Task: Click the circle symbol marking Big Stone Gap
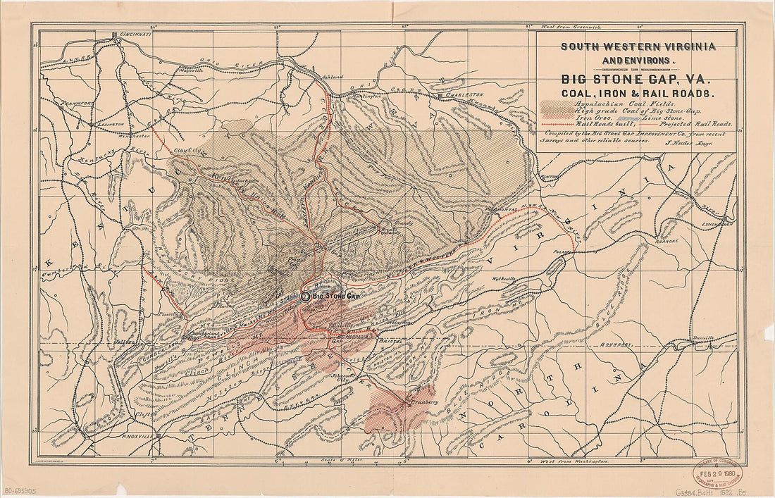305,297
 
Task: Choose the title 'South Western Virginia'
638,47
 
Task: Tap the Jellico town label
125,342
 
